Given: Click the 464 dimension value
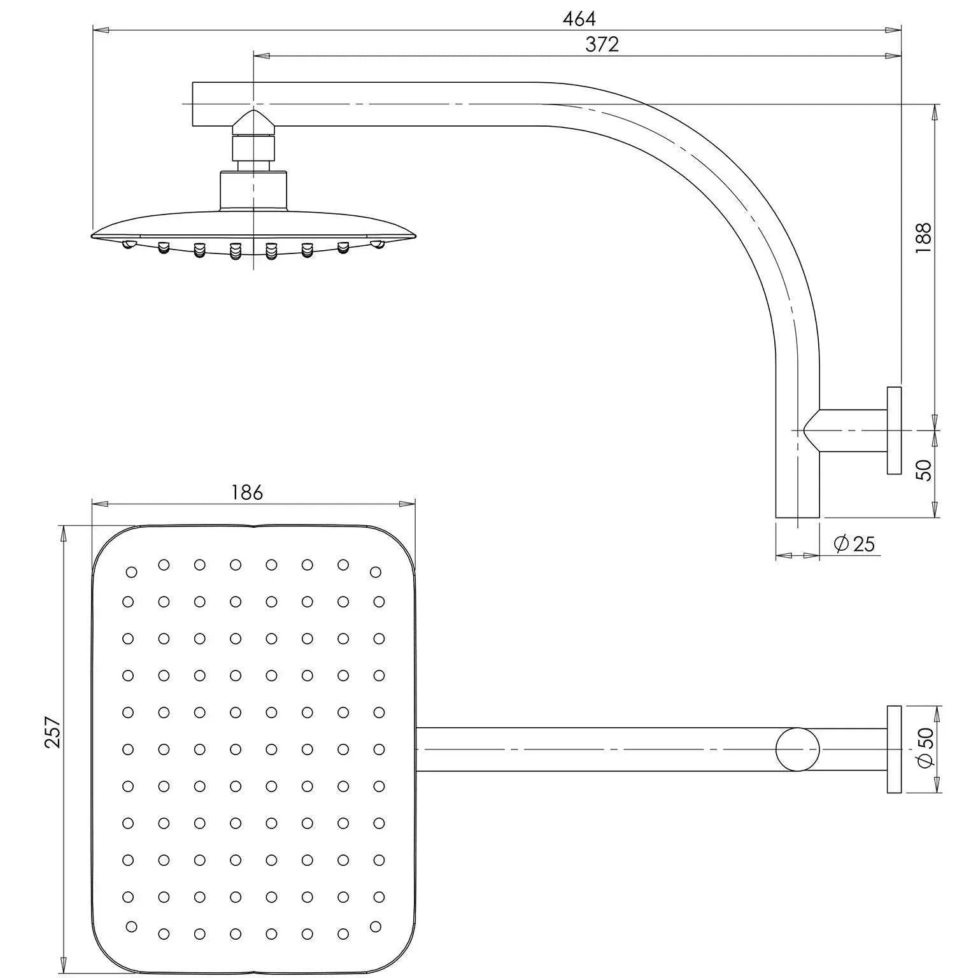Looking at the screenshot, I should click(579, 19).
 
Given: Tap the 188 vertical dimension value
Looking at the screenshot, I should click(924, 237).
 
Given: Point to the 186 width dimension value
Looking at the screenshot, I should click(247, 492).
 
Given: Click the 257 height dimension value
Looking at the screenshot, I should click(52, 732).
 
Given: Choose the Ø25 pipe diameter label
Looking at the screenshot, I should click(854, 544).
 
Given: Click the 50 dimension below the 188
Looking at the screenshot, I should click(924, 470).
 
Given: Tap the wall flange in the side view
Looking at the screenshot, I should click(895, 430).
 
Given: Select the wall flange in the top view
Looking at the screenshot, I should click(895, 749).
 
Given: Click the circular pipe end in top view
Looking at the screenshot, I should click(797, 749).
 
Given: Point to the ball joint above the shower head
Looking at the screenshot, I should click(254, 124).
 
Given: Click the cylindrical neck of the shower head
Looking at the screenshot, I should click(253, 190).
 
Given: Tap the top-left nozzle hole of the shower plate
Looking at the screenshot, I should click(132, 572).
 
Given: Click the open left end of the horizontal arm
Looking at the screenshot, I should click(194, 103).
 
